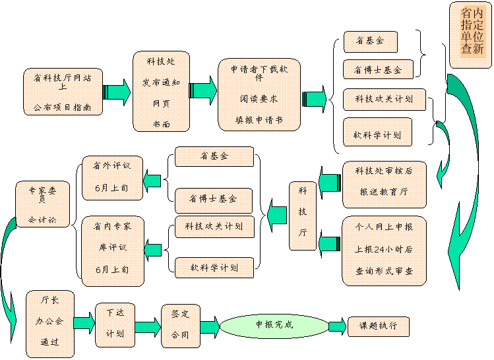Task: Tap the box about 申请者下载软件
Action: [259, 94]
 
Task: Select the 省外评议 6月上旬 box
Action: [112, 177]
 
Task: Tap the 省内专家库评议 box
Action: [112, 251]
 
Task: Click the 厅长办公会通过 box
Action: [49, 323]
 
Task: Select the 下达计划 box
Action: [115, 324]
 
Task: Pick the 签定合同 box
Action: [180, 325]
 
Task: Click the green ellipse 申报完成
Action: [274, 325]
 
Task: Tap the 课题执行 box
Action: [378, 326]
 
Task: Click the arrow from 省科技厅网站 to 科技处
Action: [117, 91]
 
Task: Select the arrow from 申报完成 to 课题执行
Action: [337, 326]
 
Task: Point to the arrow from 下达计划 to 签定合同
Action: [148, 326]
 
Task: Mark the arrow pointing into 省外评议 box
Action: [153, 179]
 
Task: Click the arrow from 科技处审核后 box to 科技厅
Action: [329, 181]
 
